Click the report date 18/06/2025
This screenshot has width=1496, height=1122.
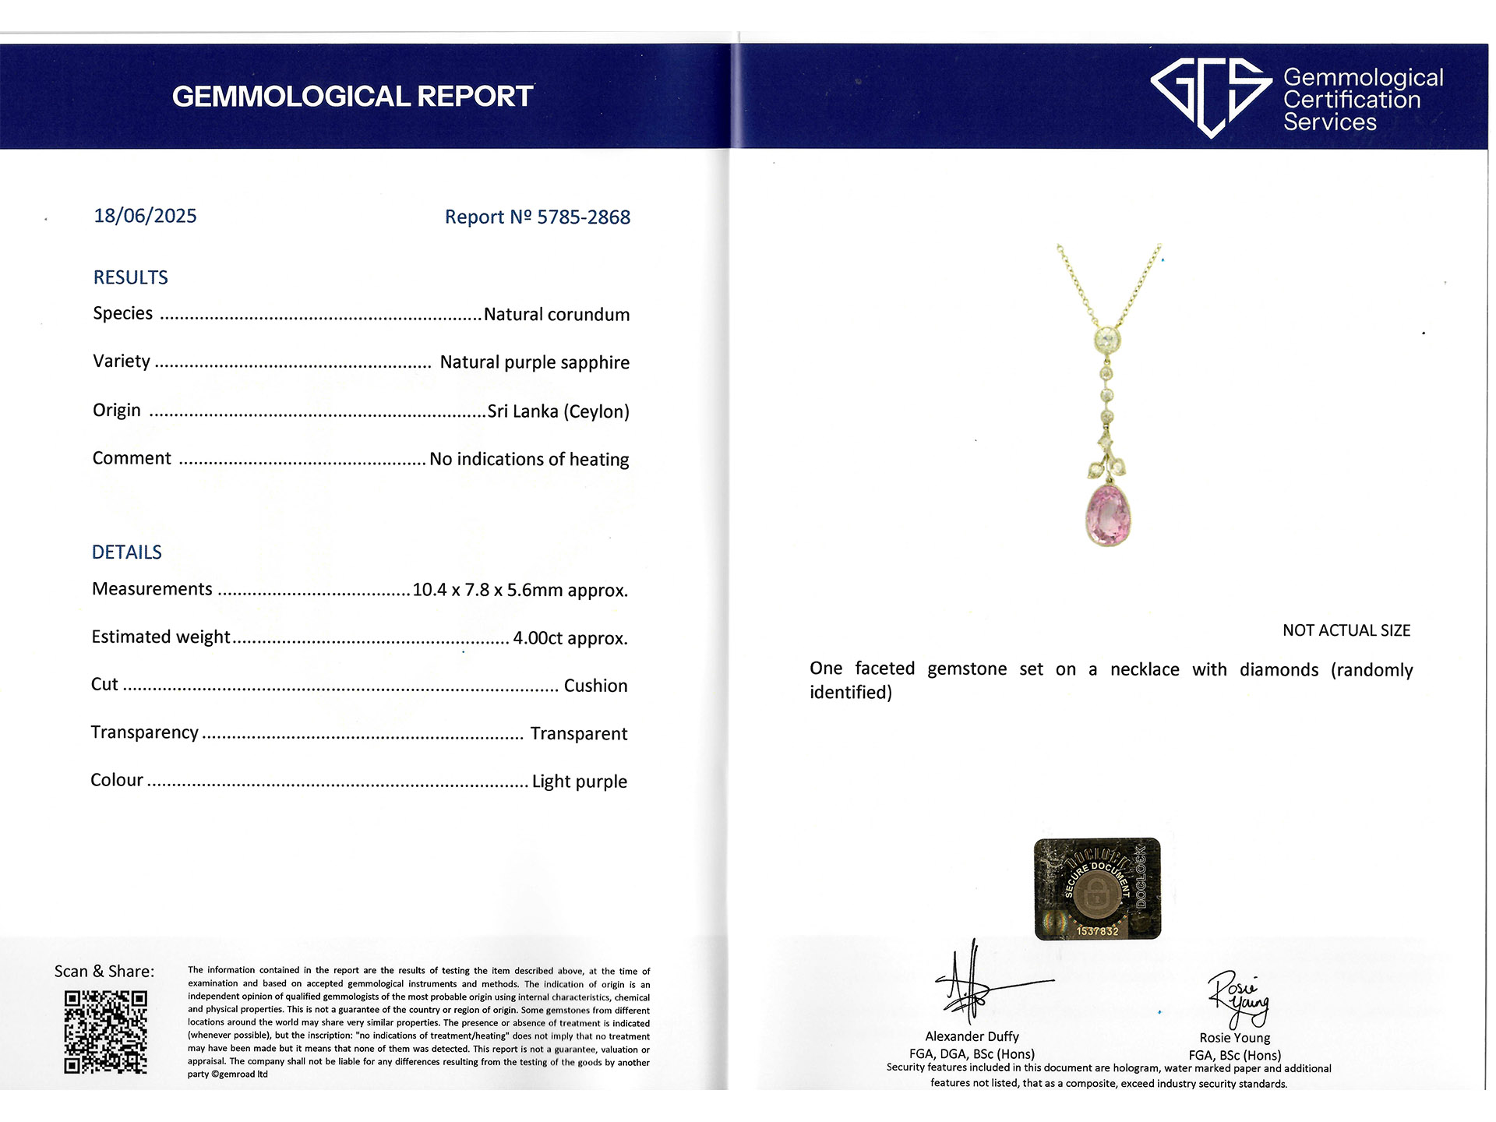click(145, 216)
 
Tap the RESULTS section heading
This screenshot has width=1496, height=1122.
click(130, 277)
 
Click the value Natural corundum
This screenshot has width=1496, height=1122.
click(556, 315)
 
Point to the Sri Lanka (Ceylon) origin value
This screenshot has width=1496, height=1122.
click(558, 411)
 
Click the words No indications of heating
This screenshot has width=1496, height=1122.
click(529, 460)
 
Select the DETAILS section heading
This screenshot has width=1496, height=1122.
click(126, 552)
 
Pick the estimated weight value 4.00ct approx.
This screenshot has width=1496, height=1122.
click(570, 638)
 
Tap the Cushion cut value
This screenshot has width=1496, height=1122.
click(595, 686)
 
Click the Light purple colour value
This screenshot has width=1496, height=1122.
click(579, 782)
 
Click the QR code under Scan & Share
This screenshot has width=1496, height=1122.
click(105, 1032)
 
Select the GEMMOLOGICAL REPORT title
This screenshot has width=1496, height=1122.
click(352, 97)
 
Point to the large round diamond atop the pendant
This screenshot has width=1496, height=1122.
click(1108, 339)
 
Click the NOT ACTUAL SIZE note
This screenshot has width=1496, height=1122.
click(1346, 630)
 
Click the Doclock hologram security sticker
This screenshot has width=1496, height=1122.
click(1097, 889)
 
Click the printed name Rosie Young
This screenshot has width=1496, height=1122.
click(1234, 1038)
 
